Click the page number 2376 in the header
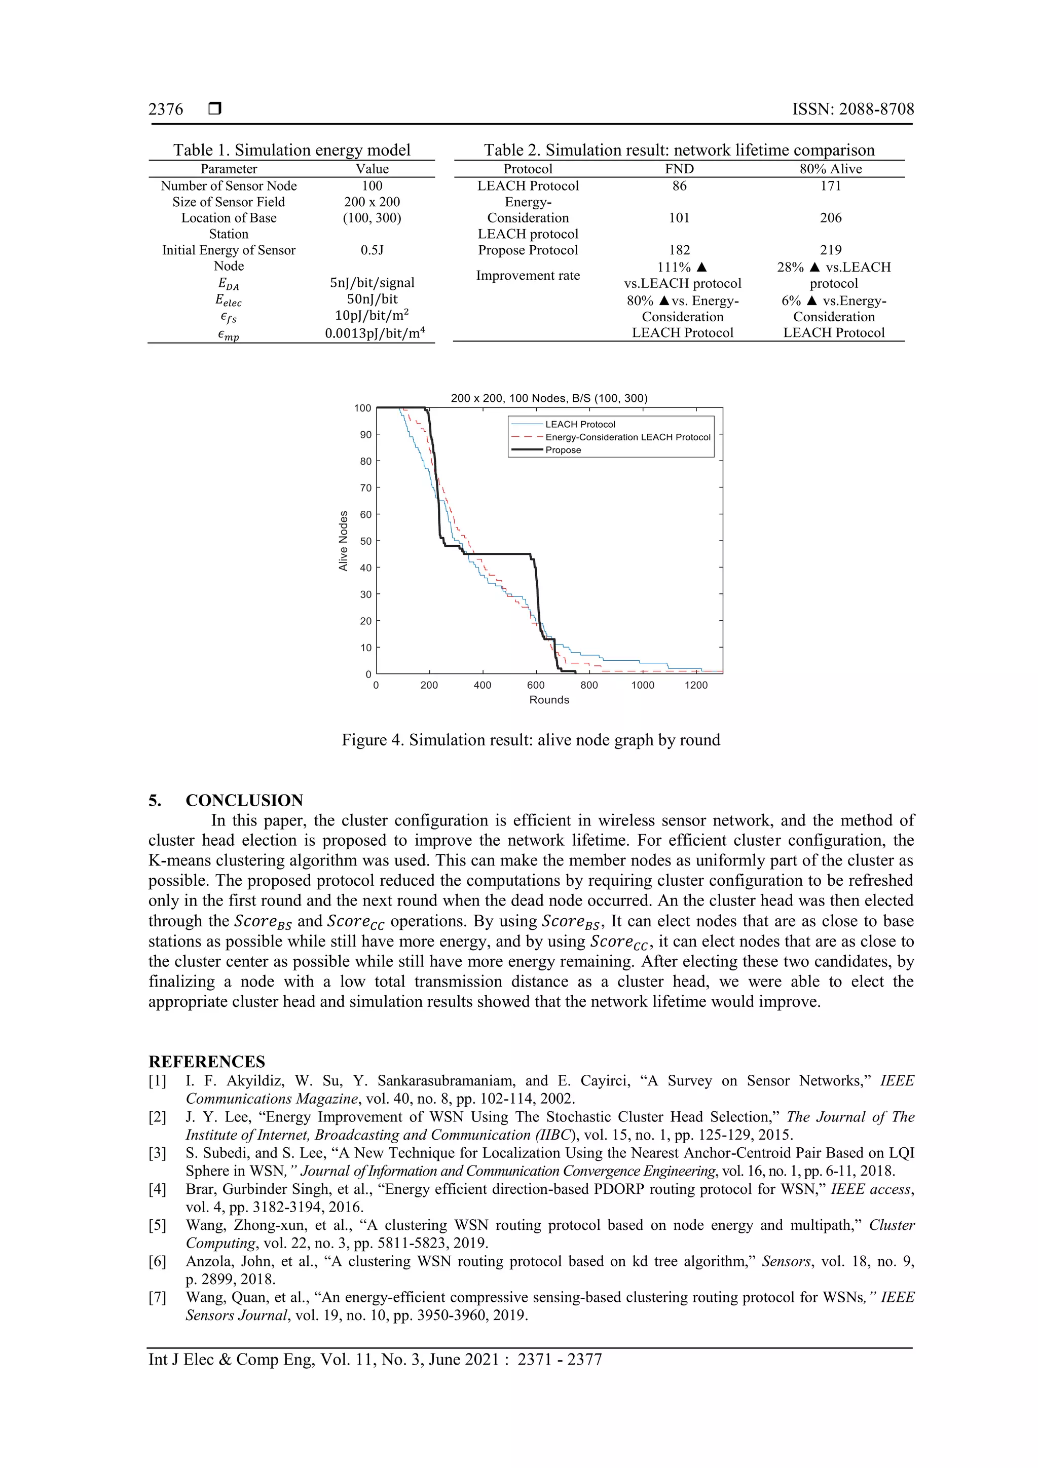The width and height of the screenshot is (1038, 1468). (166, 109)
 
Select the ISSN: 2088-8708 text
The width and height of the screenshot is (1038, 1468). (852, 109)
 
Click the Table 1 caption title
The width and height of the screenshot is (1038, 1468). (291, 150)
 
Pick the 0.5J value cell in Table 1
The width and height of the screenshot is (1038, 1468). (372, 250)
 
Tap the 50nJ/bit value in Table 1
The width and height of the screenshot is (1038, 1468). (372, 298)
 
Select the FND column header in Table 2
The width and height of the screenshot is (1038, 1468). (679, 169)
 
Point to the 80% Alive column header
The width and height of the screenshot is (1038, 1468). (830, 169)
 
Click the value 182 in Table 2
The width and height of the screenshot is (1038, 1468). (679, 250)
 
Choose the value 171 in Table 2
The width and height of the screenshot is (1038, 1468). (830, 185)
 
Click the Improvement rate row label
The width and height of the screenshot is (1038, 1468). (528, 276)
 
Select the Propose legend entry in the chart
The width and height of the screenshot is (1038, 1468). (563, 450)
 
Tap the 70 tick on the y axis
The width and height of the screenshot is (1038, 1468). (365, 488)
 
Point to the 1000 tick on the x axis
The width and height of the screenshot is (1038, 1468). (642, 686)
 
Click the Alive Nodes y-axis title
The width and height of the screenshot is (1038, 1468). (344, 540)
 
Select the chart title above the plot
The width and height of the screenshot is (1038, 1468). (549, 398)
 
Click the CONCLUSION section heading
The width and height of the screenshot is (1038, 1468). (244, 801)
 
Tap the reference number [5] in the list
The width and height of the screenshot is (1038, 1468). (157, 1225)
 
